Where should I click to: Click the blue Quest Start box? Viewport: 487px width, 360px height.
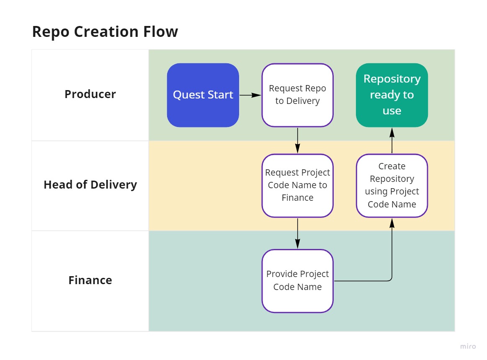pos(203,95)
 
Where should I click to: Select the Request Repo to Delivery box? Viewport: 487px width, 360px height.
pos(297,95)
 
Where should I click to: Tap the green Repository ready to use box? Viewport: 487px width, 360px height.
pos(392,95)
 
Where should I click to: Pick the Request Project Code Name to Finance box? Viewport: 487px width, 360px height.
pos(297,185)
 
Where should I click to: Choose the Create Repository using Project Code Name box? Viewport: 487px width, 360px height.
pos(392,185)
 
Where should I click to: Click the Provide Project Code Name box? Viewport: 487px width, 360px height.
pos(297,280)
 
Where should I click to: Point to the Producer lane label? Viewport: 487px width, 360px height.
pos(90,94)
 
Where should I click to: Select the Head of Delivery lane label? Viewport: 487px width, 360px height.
pos(90,185)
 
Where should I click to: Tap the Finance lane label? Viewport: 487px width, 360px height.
pos(90,280)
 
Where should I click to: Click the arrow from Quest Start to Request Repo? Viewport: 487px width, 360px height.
pos(250,95)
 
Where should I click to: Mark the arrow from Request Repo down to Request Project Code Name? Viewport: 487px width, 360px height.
pos(297,140)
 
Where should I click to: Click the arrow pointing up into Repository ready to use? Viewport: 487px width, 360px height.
pos(392,140)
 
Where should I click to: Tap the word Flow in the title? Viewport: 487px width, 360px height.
pos(162,32)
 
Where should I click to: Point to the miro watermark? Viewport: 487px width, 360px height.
pos(468,346)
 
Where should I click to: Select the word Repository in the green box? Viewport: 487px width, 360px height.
pos(392,79)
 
